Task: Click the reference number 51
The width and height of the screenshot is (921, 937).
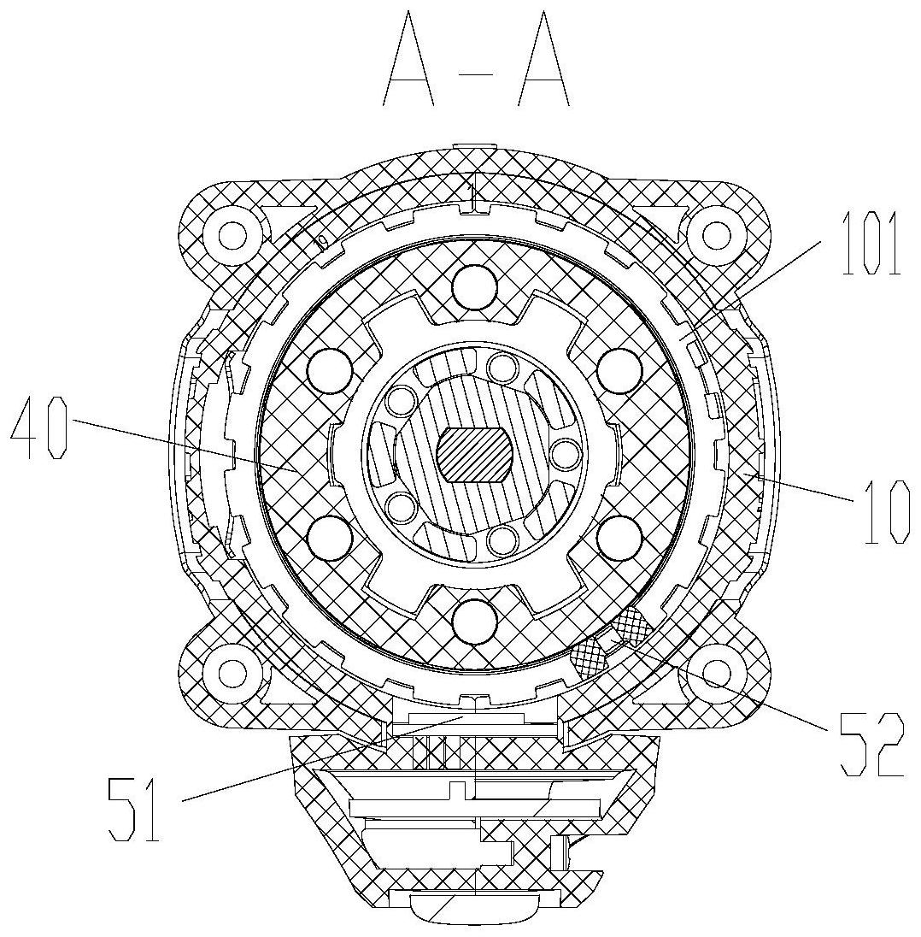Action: [134, 806]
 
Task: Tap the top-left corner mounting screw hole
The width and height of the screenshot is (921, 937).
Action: [231, 232]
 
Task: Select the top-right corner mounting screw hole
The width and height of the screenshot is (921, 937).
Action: [716, 232]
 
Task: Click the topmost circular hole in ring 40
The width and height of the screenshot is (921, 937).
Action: [475, 286]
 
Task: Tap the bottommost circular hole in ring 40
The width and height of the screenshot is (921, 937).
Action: [475, 620]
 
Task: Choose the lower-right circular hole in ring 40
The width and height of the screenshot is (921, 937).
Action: [619, 537]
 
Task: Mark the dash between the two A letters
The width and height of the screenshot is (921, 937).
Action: [477, 77]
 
